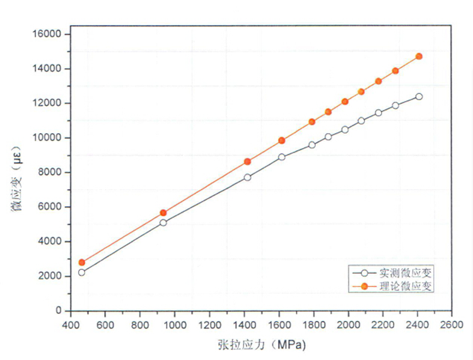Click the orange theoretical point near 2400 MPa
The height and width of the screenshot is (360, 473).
click(x=419, y=56)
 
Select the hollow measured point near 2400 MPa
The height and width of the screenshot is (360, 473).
click(x=419, y=96)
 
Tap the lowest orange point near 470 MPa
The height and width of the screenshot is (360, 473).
click(x=81, y=262)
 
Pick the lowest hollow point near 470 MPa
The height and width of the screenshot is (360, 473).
click(x=81, y=272)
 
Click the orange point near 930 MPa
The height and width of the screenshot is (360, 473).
click(x=163, y=213)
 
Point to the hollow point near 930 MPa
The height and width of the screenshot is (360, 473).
click(x=163, y=223)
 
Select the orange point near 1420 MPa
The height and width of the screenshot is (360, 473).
click(x=247, y=161)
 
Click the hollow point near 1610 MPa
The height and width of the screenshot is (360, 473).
click(x=281, y=157)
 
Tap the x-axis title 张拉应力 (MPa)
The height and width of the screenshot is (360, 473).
click(x=261, y=345)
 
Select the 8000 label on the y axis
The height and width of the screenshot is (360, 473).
click(x=50, y=172)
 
